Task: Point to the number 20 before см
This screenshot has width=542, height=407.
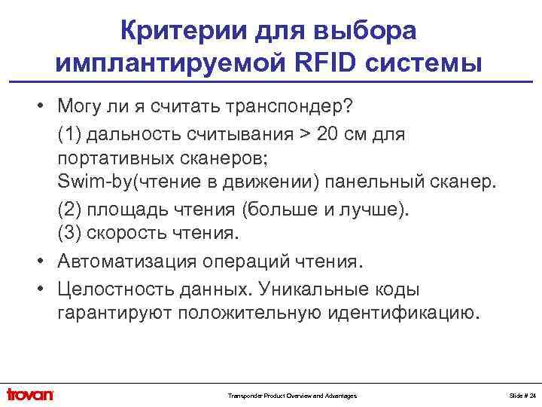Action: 349,136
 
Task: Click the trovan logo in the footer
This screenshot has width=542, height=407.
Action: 30,394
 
